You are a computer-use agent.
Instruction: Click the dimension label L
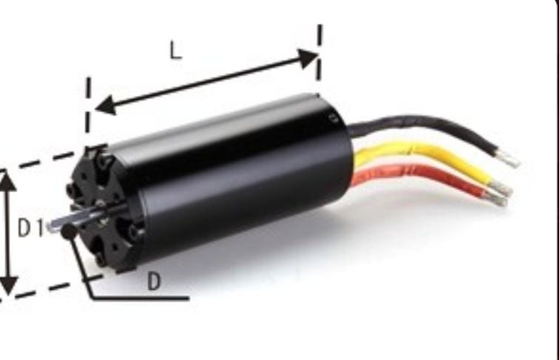click(x=176, y=50)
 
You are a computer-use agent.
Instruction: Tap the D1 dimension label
click(x=31, y=228)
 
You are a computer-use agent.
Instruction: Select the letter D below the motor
click(x=154, y=282)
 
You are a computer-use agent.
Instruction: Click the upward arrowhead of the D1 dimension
click(x=7, y=182)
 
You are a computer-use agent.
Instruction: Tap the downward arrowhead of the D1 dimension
click(x=7, y=285)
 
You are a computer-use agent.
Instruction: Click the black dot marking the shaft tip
click(x=69, y=231)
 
